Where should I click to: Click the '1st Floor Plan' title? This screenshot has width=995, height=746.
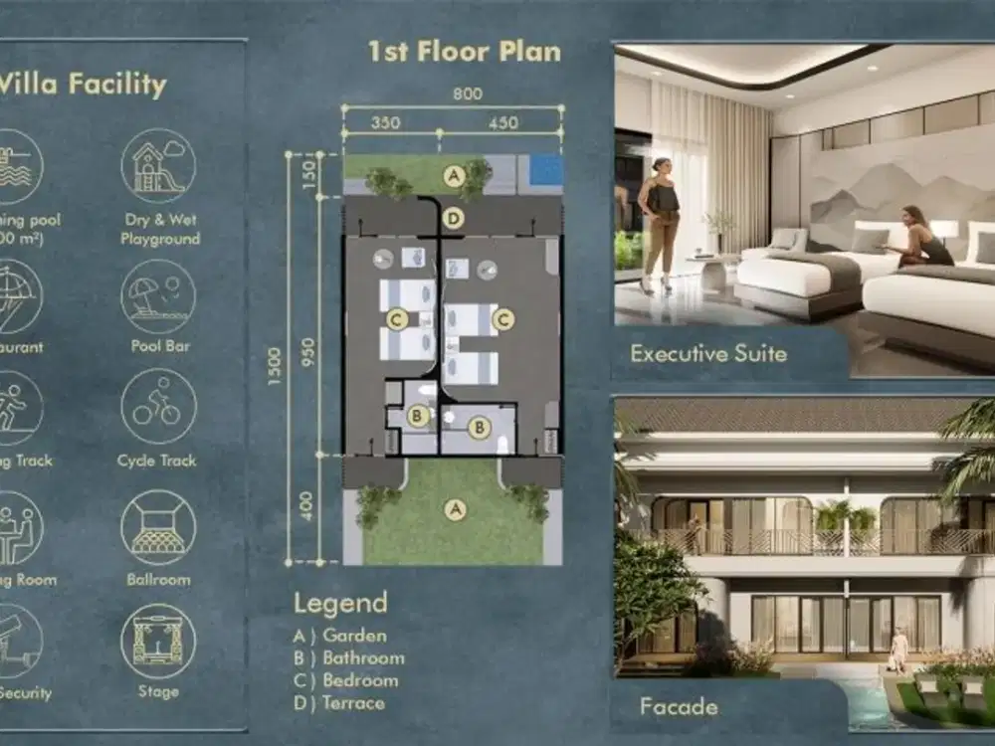point(465,51)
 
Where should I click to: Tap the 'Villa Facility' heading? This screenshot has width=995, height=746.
point(82,85)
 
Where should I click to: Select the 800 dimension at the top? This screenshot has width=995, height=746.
point(467,95)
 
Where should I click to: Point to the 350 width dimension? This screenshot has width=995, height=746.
point(386,122)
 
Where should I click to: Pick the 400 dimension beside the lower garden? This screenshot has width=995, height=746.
point(307,508)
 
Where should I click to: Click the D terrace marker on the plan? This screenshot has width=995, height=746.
point(454,218)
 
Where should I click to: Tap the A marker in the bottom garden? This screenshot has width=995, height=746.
point(455,509)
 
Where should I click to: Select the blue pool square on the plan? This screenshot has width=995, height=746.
point(545,170)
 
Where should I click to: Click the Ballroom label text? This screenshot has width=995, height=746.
point(158,579)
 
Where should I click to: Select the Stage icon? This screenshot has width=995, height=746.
point(158,642)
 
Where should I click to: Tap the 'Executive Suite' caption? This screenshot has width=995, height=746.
point(707,353)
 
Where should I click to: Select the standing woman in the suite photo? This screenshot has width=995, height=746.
point(659,224)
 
